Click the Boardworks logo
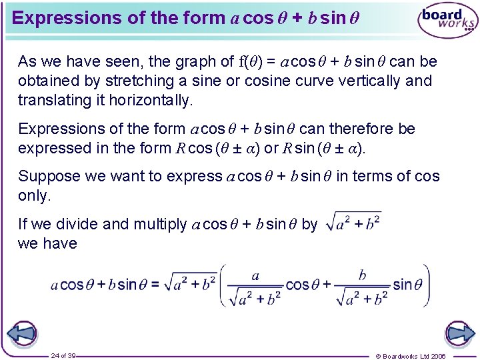coord(447,21)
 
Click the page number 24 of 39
coord(63,355)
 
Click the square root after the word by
coord(353,222)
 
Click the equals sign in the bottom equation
coord(155,285)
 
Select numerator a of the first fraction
coord(255,275)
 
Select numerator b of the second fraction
coord(362,275)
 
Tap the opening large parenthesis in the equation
coord(225,285)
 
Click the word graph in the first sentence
coord(183,62)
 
